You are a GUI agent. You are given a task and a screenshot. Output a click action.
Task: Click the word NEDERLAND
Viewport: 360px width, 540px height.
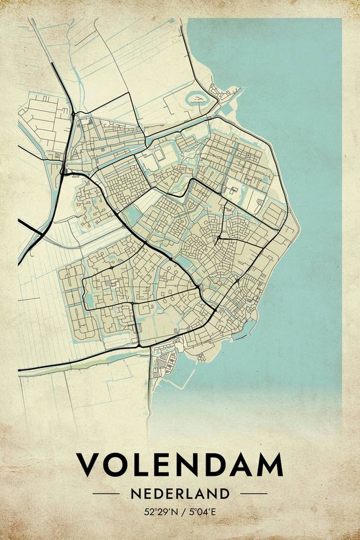tap(180, 493)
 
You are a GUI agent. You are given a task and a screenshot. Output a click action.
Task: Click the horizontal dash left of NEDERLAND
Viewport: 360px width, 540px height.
tap(105, 493)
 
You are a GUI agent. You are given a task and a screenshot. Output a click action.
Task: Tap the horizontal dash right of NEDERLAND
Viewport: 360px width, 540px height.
tap(255, 493)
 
